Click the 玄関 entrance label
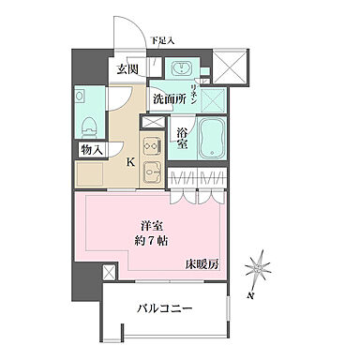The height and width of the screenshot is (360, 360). point(128,69)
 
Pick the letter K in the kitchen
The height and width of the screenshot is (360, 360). point(130,162)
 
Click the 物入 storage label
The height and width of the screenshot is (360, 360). point(91,150)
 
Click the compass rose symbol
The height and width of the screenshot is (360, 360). point(257,270)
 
